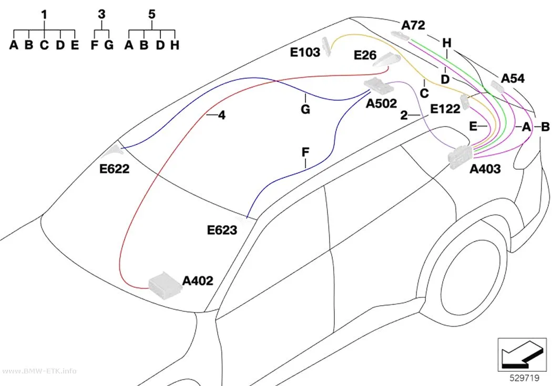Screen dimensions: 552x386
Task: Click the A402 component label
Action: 198,281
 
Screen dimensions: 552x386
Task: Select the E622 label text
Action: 115,169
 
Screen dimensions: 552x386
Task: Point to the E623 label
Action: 222,230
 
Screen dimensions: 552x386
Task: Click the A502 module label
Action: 381,103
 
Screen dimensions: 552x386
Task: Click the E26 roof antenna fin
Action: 386,60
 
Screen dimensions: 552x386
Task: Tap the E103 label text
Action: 305,53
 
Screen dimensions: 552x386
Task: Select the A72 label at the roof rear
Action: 413,25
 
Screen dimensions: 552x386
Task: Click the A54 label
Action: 513,78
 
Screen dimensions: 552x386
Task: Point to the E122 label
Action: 445,109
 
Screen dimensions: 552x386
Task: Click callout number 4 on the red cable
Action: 221,115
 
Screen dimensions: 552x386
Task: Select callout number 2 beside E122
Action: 404,115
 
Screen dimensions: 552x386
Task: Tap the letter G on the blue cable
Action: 305,109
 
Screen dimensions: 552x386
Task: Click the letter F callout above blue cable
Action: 305,152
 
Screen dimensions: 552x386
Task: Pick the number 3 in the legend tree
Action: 101,14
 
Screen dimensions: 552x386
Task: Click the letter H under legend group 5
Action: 175,45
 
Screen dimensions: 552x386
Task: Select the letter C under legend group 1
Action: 44,45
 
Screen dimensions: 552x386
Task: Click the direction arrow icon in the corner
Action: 522,354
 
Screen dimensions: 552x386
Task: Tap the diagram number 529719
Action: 525,378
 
